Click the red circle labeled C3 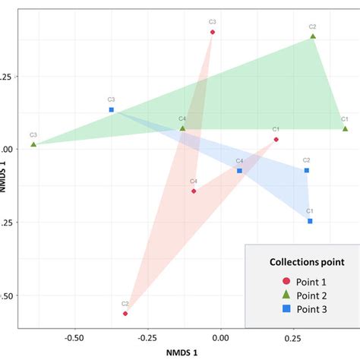(x=213, y=32)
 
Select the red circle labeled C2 (x=125, y=313)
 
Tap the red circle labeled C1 (x=276, y=139)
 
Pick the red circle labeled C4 (x=194, y=191)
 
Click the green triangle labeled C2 (x=312, y=36)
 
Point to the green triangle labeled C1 (x=345, y=128)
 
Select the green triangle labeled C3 (x=33, y=144)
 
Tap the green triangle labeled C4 (x=182, y=128)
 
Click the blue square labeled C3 (x=112, y=109)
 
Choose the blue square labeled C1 (x=310, y=221)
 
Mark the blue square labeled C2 (x=307, y=170)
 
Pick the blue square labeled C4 (x=239, y=170)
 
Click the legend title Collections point (x=308, y=262)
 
